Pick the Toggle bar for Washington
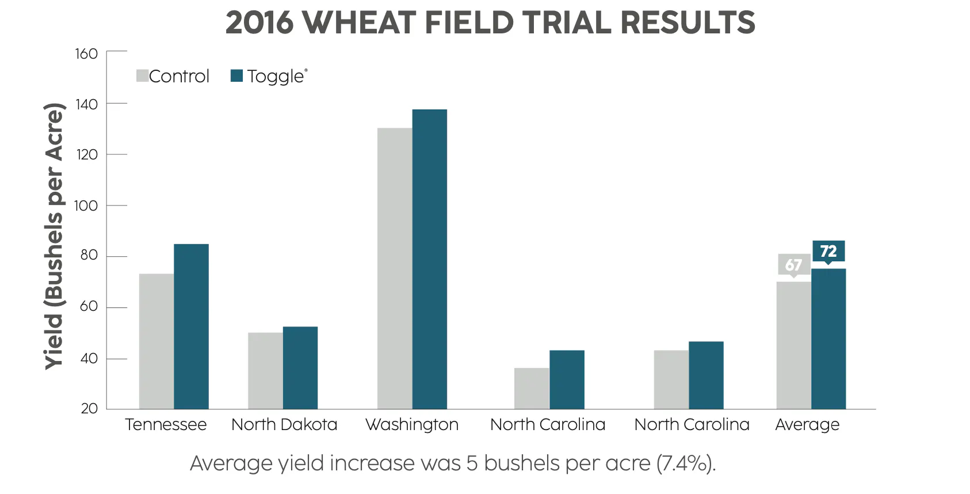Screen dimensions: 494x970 point(429,259)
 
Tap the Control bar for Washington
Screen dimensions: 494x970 point(395,268)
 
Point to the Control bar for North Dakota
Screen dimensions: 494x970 point(265,371)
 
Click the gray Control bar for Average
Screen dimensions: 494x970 point(793,345)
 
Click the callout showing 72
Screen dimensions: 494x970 point(828,251)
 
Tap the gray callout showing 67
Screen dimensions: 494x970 point(794,265)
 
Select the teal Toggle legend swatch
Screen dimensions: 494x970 point(236,76)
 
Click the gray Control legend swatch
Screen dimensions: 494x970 point(142,76)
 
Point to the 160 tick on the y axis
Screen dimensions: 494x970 point(86,54)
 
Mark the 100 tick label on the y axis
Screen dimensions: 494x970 point(86,206)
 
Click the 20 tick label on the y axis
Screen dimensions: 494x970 point(89,409)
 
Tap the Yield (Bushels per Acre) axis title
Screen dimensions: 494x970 point(55,236)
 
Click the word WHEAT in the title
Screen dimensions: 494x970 point(359,23)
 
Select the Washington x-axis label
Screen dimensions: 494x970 point(412,425)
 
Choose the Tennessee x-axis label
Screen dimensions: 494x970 point(166,425)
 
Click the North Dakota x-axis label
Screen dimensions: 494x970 point(284,425)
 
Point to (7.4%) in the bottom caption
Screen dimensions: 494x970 point(686,463)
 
